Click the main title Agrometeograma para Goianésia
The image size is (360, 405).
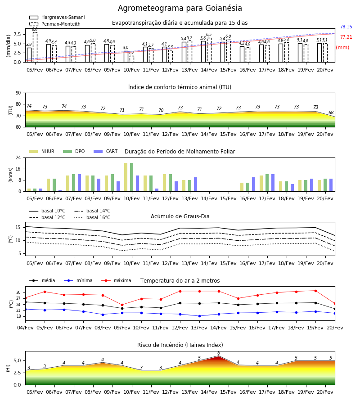pos(180,8)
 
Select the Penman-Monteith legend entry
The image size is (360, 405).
pos(55,24)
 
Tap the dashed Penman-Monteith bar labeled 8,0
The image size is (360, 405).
pos(35,47)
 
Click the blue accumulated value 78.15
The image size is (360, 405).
pos(346,27)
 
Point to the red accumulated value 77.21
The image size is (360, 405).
pos(346,37)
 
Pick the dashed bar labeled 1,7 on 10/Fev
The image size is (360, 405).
pos(132,59)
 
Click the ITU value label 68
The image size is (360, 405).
pos(331,112)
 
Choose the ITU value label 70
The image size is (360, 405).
pos(161,110)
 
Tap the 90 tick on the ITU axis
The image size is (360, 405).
pos(18,93)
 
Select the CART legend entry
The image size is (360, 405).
pos(105,151)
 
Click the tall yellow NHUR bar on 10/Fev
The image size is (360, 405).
pos(126,177)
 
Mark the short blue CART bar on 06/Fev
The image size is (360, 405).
pos(60,191)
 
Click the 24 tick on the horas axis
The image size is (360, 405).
pos(18,157)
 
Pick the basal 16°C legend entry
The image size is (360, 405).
pos(92,217)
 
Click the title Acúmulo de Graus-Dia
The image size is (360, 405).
pos(180,216)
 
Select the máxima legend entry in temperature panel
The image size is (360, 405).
pos(116,280)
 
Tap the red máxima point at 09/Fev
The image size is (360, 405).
pos(122,305)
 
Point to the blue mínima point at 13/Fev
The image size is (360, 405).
pos(200,316)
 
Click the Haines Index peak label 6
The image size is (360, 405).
pos(219,353)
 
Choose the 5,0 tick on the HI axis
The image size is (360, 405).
pos(17,360)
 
